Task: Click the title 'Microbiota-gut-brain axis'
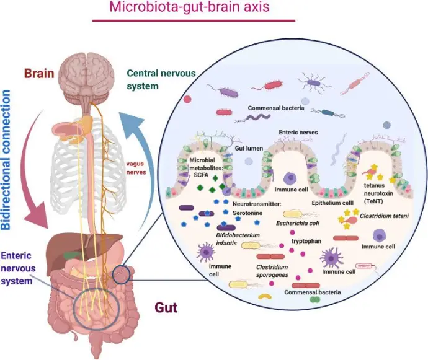(x=189, y=7)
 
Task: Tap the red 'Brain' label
(x=39, y=74)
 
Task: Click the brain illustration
(x=86, y=77)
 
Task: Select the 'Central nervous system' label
(x=161, y=80)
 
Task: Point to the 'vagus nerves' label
(x=136, y=168)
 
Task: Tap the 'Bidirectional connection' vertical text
(x=6, y=160)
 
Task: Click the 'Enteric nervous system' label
(x=18, y=268)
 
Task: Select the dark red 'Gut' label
(x=166, y=307)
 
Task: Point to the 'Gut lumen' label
(x=249, y=148)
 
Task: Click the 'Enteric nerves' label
(x=298, y=132)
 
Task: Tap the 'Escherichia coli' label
(x=298, y=223)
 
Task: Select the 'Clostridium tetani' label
(x=384, y=216)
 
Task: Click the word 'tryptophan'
(x=306, y=241)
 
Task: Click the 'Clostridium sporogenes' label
(x=272, y=271)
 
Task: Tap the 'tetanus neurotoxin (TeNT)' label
(x=378, y=193)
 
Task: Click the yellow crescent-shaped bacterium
(x=265, y=296)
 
